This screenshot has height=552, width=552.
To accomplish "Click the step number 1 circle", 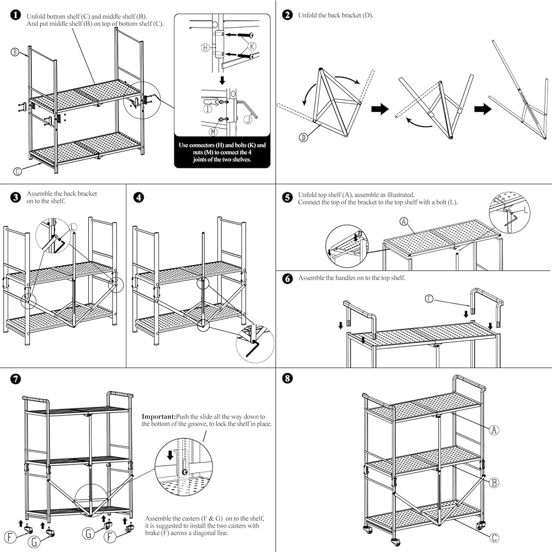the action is [15, 15].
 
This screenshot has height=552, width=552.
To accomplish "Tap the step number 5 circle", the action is [287, 197].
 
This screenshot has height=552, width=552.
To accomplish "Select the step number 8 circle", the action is [287, 379].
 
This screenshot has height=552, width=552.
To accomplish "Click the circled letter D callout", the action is [304, 137].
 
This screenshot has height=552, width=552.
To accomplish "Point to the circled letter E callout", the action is [429, 299].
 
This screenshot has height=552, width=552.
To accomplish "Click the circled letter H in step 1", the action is [205, 47].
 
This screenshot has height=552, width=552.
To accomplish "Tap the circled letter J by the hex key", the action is [248, 120].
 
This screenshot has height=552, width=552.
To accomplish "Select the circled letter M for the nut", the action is [213, 132].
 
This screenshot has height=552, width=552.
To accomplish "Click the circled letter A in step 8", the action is [494, 430].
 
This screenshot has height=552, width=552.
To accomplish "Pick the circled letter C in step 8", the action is [494, 538].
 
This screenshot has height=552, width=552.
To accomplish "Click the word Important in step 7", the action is [159, 417].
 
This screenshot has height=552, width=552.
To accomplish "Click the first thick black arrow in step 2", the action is [380, 109].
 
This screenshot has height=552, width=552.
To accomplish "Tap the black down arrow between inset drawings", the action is [222, 81].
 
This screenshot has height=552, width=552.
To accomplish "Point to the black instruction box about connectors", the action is [222, 152].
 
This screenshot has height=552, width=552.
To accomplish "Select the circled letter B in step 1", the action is [15, 52].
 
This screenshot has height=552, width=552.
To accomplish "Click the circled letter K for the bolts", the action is [252, 46].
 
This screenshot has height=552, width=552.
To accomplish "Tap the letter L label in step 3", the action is [73, 227].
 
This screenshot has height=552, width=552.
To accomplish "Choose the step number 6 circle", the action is [287, 279].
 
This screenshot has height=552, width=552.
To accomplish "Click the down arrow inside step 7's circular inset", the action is [171, 455].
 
